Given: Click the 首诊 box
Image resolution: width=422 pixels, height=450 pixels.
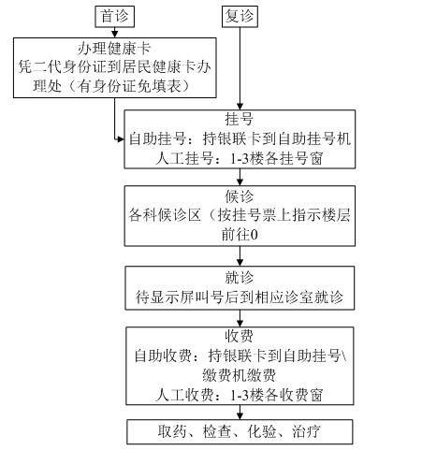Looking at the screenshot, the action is pos(114,17).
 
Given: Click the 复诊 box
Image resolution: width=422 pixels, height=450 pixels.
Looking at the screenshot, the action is pos(240,17).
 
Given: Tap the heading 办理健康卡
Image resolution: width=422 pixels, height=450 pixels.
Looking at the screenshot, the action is pos(114,49).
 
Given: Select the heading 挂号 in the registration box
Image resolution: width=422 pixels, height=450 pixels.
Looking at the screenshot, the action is pos(240,119).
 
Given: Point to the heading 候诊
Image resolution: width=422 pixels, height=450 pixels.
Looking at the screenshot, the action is pos(240,196).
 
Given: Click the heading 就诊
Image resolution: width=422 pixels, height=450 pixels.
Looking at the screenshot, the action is pos(240,277).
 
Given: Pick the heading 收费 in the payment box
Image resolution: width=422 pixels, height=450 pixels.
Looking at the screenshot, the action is pos(240,336).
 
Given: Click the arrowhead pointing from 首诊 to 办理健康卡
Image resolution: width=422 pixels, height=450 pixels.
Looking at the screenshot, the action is pos(115,34).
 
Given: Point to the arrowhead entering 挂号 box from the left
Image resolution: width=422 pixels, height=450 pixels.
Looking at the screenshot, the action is pos(120,139).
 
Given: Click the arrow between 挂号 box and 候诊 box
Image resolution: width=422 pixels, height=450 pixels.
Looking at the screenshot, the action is pos(240,177).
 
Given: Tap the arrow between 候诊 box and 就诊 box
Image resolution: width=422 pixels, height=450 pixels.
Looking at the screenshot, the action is pos(240,256).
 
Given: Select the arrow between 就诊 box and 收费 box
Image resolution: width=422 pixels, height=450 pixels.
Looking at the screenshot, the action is pos(240,318).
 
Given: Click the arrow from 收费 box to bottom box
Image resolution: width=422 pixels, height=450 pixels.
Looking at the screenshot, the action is pos(240,413).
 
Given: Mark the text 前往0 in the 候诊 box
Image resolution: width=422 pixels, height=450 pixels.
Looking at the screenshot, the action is pos(240,235).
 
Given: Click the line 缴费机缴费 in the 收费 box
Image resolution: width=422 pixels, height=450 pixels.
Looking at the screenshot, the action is pos(239,375).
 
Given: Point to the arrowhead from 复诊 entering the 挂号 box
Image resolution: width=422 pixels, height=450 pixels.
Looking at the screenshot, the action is pos(240,106).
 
